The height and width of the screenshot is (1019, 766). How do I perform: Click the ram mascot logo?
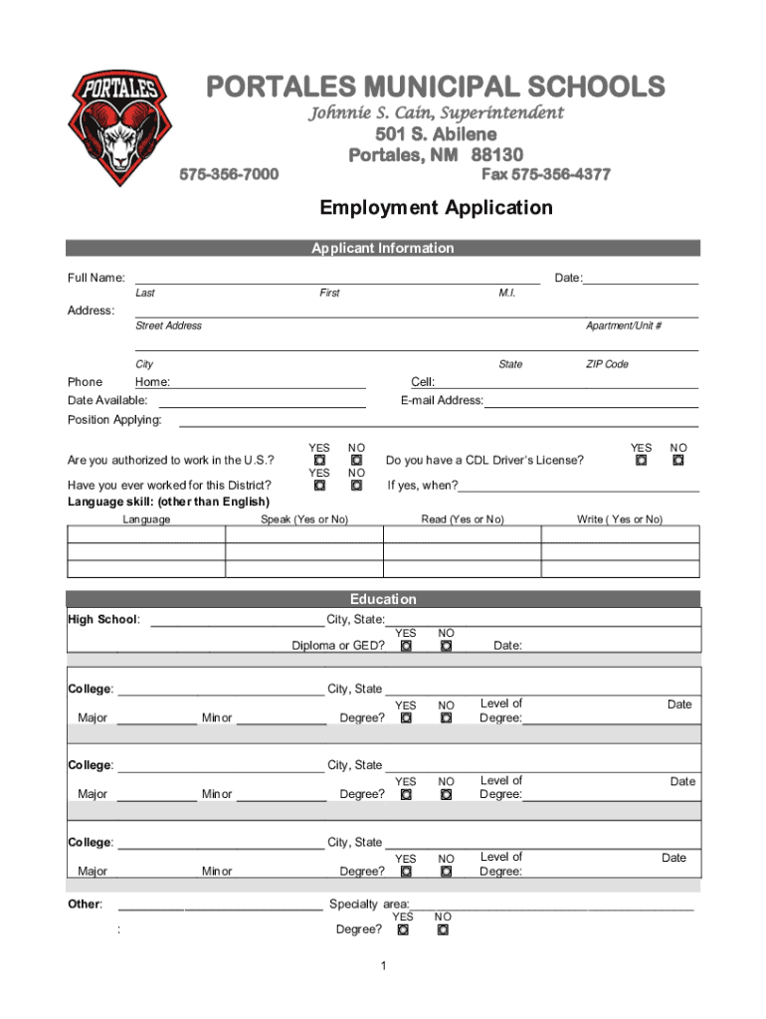pyautogui.click(x=118, y=129)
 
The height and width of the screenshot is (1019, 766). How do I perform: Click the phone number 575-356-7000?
pyautogui.click(x=228, y=175)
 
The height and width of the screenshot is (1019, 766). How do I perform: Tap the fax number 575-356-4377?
pyautogui.click(x=546, y=175)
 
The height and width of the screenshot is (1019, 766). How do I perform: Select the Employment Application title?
pyautogui.click(x=436, y=208)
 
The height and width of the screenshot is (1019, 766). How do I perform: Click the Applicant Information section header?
pyautogui.click(x=383, y=249)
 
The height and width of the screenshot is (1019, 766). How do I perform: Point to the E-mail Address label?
pyautogui.click(x=442, y=401)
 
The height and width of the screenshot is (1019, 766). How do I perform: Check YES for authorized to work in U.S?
pyautogui.click(x=320, y=461)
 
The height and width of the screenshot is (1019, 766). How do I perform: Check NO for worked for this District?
pyautogui.click(x=355, y=486)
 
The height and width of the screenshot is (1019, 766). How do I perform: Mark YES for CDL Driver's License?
pyautogui.click(x=642, y=461)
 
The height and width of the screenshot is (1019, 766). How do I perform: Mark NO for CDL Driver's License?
pyautogui.click(x=678, y=461)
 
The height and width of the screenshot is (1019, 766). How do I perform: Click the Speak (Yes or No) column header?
pyautogui.click(x=304, y=519)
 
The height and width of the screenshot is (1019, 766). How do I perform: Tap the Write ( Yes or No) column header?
pyautogui.click(x=620, y=519)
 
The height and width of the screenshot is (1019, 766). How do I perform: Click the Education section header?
pyautogui.click(x=383, y=599)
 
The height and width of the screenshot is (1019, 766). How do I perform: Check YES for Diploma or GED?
pyautogui.click(x=406, y=646)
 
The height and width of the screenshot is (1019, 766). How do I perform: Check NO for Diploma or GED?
pyautogui.click(x=447, y=646)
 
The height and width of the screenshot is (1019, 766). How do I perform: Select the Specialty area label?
pyautogui.click(x=368, y=905)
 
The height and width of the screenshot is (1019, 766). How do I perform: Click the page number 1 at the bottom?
pyautogui.click(x=383, y=966)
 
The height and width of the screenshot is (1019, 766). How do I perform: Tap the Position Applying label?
pyautogui.click(x=114, y=420)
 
